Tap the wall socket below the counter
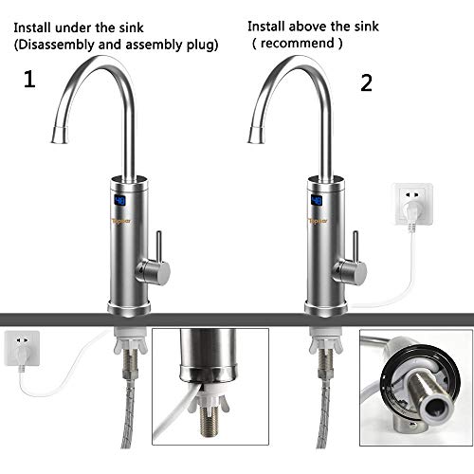tap(23, 348)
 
